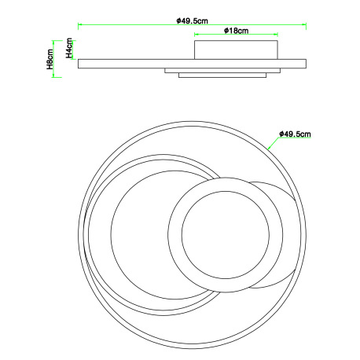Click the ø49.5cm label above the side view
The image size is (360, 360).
(x=193, y=20)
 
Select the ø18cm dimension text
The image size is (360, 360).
(x=236, y=31)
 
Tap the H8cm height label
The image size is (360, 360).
(x=50, y=59)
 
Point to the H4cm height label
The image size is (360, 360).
(x=69, y=48)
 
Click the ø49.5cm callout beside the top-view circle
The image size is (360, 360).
(x=295, y=134)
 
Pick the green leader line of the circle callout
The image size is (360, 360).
(x=273, y=143)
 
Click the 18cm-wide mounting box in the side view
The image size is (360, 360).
(x=236, y=50)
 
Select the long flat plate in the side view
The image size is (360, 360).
(x=192, y=64)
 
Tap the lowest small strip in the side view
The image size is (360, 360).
(x=222, y=75)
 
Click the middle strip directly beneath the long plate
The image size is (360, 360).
(x=222, y=71)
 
